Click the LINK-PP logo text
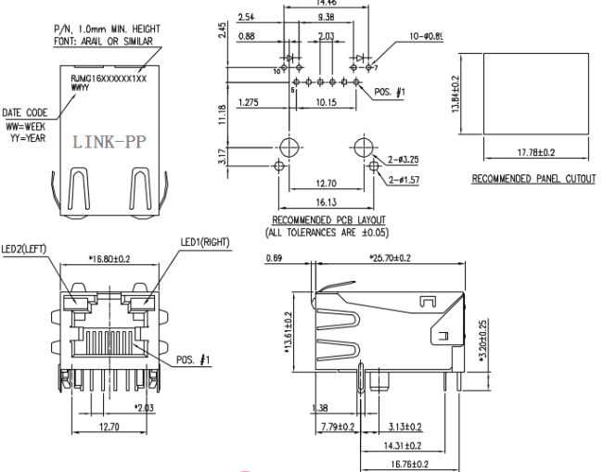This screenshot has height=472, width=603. click(109, 146)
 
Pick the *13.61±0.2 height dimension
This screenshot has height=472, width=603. click(289, 332)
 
